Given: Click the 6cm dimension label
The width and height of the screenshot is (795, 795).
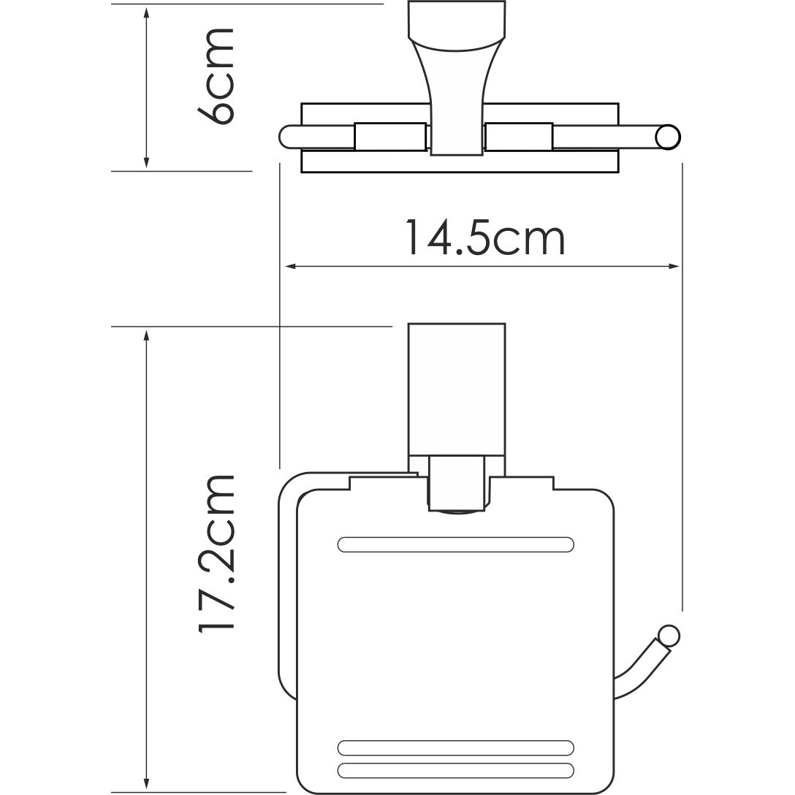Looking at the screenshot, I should pos(216,77).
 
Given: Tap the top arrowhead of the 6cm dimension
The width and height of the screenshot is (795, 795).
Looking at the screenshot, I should pos(147,13).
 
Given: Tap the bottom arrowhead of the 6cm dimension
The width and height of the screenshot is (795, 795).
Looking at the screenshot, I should pos(147,162).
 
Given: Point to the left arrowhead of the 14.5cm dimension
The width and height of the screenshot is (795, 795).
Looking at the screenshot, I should pos(289,267).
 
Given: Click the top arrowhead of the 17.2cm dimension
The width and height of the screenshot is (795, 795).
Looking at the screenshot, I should pos(147,335).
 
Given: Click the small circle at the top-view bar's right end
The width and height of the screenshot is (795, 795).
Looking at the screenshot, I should pos(667,137).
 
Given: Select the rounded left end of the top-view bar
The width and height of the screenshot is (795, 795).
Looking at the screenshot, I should pos(286,137).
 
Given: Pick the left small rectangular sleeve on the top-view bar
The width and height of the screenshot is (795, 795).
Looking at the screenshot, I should pos(390,137).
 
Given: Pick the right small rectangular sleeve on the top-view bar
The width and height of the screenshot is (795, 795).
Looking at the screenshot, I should pos(518,137).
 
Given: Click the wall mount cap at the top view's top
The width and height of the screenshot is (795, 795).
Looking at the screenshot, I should pos(457,22).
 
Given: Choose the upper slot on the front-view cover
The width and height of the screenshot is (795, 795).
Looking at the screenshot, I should pos(456,544).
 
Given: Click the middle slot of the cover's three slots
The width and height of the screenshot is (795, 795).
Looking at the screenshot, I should pos(456,748).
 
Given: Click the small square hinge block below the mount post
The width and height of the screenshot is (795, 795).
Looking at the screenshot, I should pos(457,482).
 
